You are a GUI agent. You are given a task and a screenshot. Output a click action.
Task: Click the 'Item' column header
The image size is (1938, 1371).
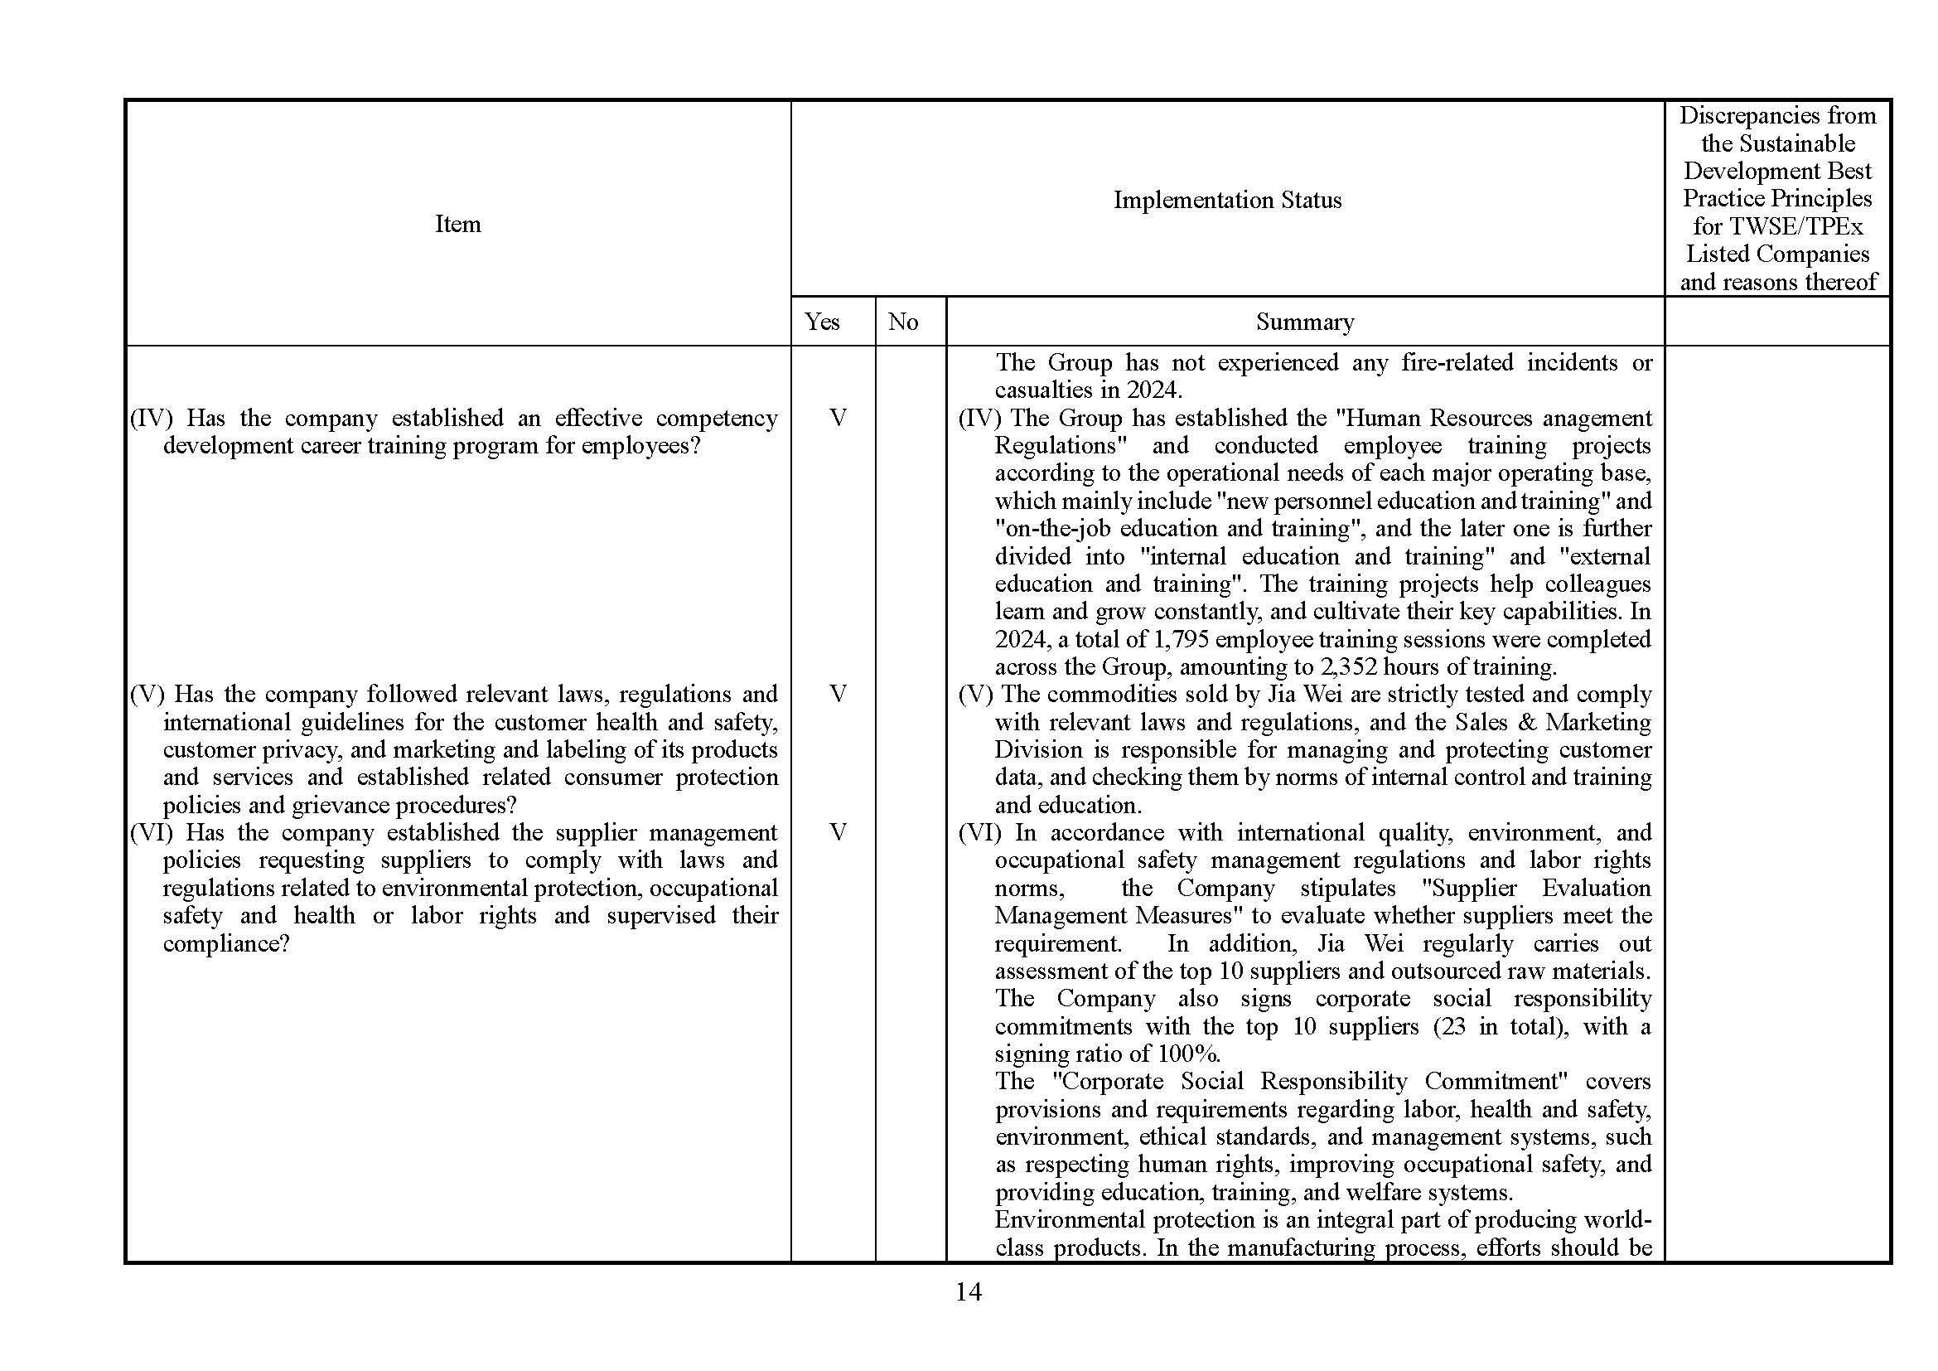(x=457, y=224)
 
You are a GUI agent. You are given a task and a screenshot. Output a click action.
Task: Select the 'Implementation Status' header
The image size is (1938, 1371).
(x=1226, y=200)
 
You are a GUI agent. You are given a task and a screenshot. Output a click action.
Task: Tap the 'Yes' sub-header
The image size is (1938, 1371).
(x=821, y=322)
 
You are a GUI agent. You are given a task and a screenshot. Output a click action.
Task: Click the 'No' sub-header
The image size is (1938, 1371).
(x=902, y=322)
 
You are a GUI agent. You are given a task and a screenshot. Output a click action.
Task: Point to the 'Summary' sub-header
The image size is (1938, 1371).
(x=1304, y=322)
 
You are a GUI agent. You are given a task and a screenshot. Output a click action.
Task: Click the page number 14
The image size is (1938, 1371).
(x=968, y=1291)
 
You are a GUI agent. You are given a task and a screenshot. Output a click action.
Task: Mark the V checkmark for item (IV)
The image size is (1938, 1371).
(x=838, y=418)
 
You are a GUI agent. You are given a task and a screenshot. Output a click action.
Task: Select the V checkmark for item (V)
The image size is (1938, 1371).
(x=838, y=694)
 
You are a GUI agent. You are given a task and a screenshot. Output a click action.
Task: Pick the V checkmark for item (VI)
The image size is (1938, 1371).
(x=838, y=832)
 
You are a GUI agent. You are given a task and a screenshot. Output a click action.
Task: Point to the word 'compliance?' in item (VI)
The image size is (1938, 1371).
(x=226, y=943)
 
